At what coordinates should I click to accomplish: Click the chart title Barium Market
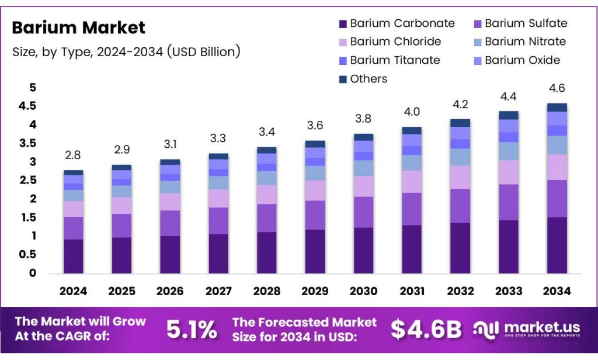coord(78,27)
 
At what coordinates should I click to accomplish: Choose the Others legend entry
coord(368,79)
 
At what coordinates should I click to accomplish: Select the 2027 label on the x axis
coord(218,291)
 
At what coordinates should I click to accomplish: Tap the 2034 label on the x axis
coord(556,291)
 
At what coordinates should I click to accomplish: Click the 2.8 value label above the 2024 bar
coord(74,154)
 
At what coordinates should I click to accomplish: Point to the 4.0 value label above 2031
coord(412,112)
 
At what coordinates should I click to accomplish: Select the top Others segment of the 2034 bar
coord(556,107)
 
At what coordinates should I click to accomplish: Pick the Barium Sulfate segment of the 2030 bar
coord(363,212)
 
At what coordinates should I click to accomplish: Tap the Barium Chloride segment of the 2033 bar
coord(508,172)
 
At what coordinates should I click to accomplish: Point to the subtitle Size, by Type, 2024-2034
coord(126,51)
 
